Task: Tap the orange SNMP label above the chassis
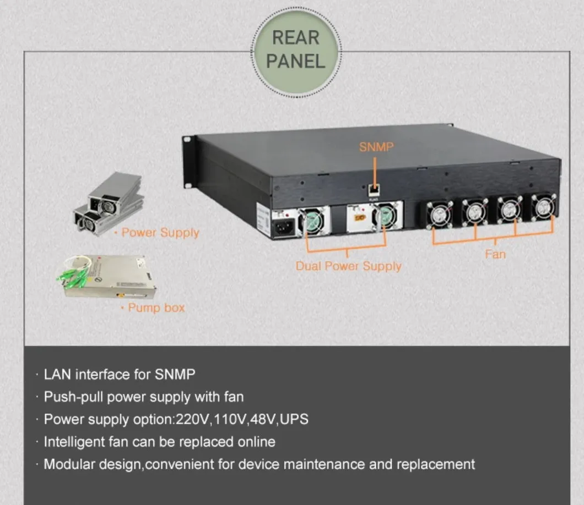(376, 147)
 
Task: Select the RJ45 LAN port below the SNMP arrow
(375, 189)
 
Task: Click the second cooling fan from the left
(474, 211)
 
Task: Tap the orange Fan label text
(495, 254)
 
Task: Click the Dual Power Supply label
(348, 266)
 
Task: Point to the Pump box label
(156, 308)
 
